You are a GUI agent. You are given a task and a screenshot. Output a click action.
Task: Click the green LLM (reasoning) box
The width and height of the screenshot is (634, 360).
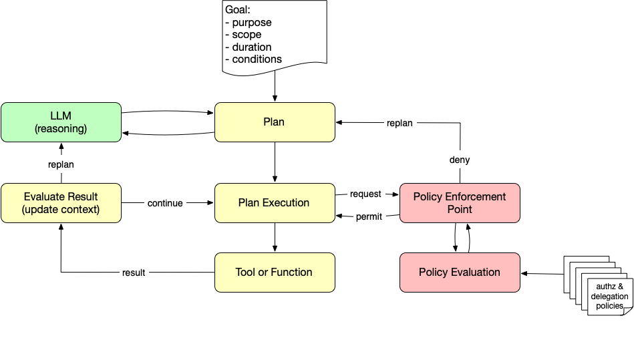(61, 122)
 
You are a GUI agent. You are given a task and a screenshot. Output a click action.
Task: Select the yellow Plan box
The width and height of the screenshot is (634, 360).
(274, 122)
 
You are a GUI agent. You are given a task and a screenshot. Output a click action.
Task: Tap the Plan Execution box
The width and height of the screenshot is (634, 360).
(274, 203)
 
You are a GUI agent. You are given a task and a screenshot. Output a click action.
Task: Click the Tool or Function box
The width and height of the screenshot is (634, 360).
(274, 272)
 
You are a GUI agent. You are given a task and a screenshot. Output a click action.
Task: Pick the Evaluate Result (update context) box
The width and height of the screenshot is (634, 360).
(61, 203)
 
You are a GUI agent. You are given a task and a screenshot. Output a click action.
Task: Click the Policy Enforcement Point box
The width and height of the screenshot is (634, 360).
(460, 203)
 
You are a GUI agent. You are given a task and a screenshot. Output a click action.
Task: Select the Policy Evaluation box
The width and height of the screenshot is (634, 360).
(460, 272)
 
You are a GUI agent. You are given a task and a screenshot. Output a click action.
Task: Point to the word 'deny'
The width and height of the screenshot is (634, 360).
(460, 160)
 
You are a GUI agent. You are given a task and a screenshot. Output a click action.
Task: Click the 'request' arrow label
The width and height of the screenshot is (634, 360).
(365, 194)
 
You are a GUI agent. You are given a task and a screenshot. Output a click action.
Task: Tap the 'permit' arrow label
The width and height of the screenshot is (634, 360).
(369, 217)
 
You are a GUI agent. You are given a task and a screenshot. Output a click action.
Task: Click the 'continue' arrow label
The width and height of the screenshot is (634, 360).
(165, 203)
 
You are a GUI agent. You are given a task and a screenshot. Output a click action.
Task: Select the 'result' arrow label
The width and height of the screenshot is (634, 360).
(134, 273)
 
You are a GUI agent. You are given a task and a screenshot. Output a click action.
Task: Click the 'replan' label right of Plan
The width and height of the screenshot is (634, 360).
(400, 123)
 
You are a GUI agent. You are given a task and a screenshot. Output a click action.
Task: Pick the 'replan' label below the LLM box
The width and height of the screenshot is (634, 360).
(61, 164)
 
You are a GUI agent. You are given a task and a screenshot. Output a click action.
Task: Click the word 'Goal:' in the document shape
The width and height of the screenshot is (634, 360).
(237, 11)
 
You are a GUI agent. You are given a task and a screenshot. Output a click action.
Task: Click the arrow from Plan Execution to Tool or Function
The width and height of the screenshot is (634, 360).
(275, 237)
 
